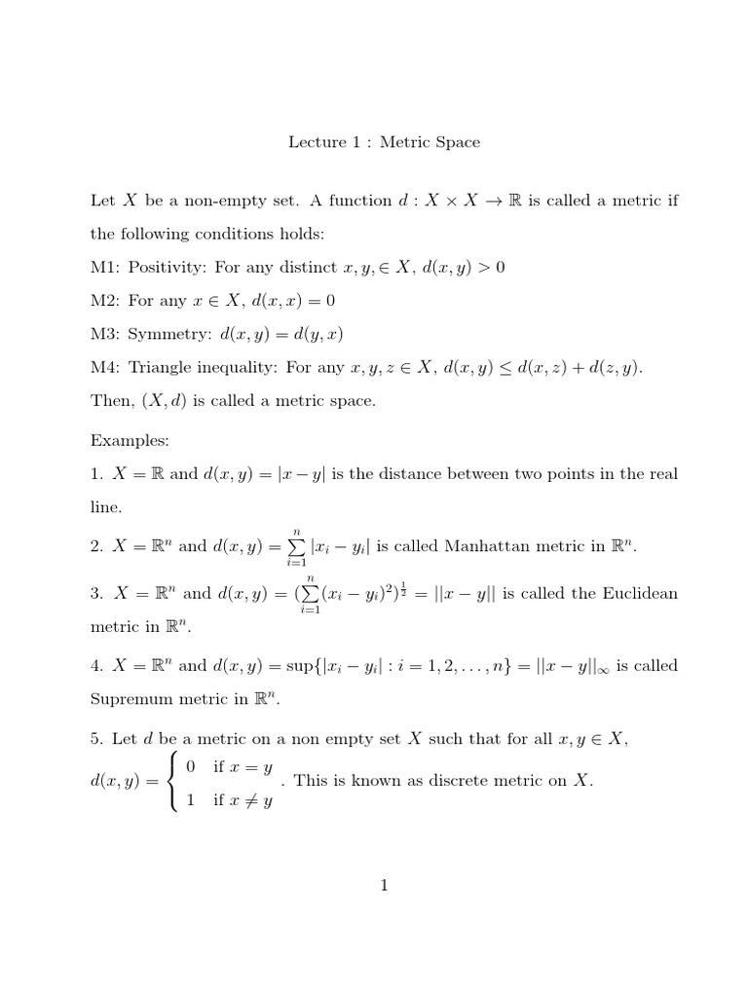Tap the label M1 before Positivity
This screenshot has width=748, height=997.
coord(104,268)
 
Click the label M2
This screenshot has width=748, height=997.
coord(104,302)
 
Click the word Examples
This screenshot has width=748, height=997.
coord(130,440)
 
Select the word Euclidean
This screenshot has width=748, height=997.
coord(633,593)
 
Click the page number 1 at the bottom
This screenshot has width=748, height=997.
coord(385,885)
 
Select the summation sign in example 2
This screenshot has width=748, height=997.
coord(290,547)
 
